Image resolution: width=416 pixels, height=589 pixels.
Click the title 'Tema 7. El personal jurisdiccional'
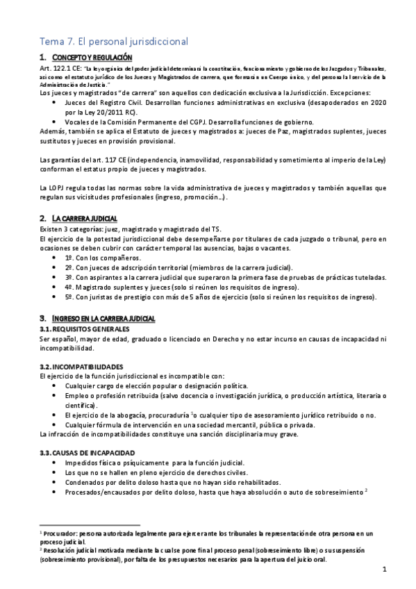[114, 42]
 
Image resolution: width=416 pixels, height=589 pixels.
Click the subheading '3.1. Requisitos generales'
[84, 329]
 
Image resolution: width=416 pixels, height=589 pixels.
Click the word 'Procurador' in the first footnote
[63, 531]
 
